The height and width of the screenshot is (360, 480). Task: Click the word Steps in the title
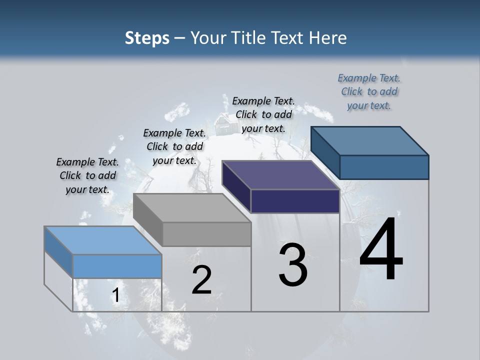click(x=147, y=38)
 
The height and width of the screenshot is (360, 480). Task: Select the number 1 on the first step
click(x=115, y=295)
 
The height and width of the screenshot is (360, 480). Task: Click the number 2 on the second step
click(x=201, y=280)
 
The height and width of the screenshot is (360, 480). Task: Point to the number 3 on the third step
click(x=293, y=265)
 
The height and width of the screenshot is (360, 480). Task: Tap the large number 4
click(x=381, y=249)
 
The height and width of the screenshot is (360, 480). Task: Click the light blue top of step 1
click(x=102, y=240)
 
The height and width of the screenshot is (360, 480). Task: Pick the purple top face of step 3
click(x=280, y=175)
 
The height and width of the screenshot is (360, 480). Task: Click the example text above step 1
click(x=87, y=175)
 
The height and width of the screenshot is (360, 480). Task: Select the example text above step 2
click(x=174, y=146)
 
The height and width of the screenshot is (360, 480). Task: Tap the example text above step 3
click(x=263, y=114)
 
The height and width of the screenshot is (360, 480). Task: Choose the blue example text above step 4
click(x=369, y=91)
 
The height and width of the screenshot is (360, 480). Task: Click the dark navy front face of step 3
click(x=295, y=201)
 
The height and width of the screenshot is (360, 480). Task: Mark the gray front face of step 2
click(x=206, y=234)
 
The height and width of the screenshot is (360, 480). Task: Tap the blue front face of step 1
click(x=117, y=266)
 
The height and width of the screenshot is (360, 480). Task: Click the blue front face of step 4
click(x=384, y=167)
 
